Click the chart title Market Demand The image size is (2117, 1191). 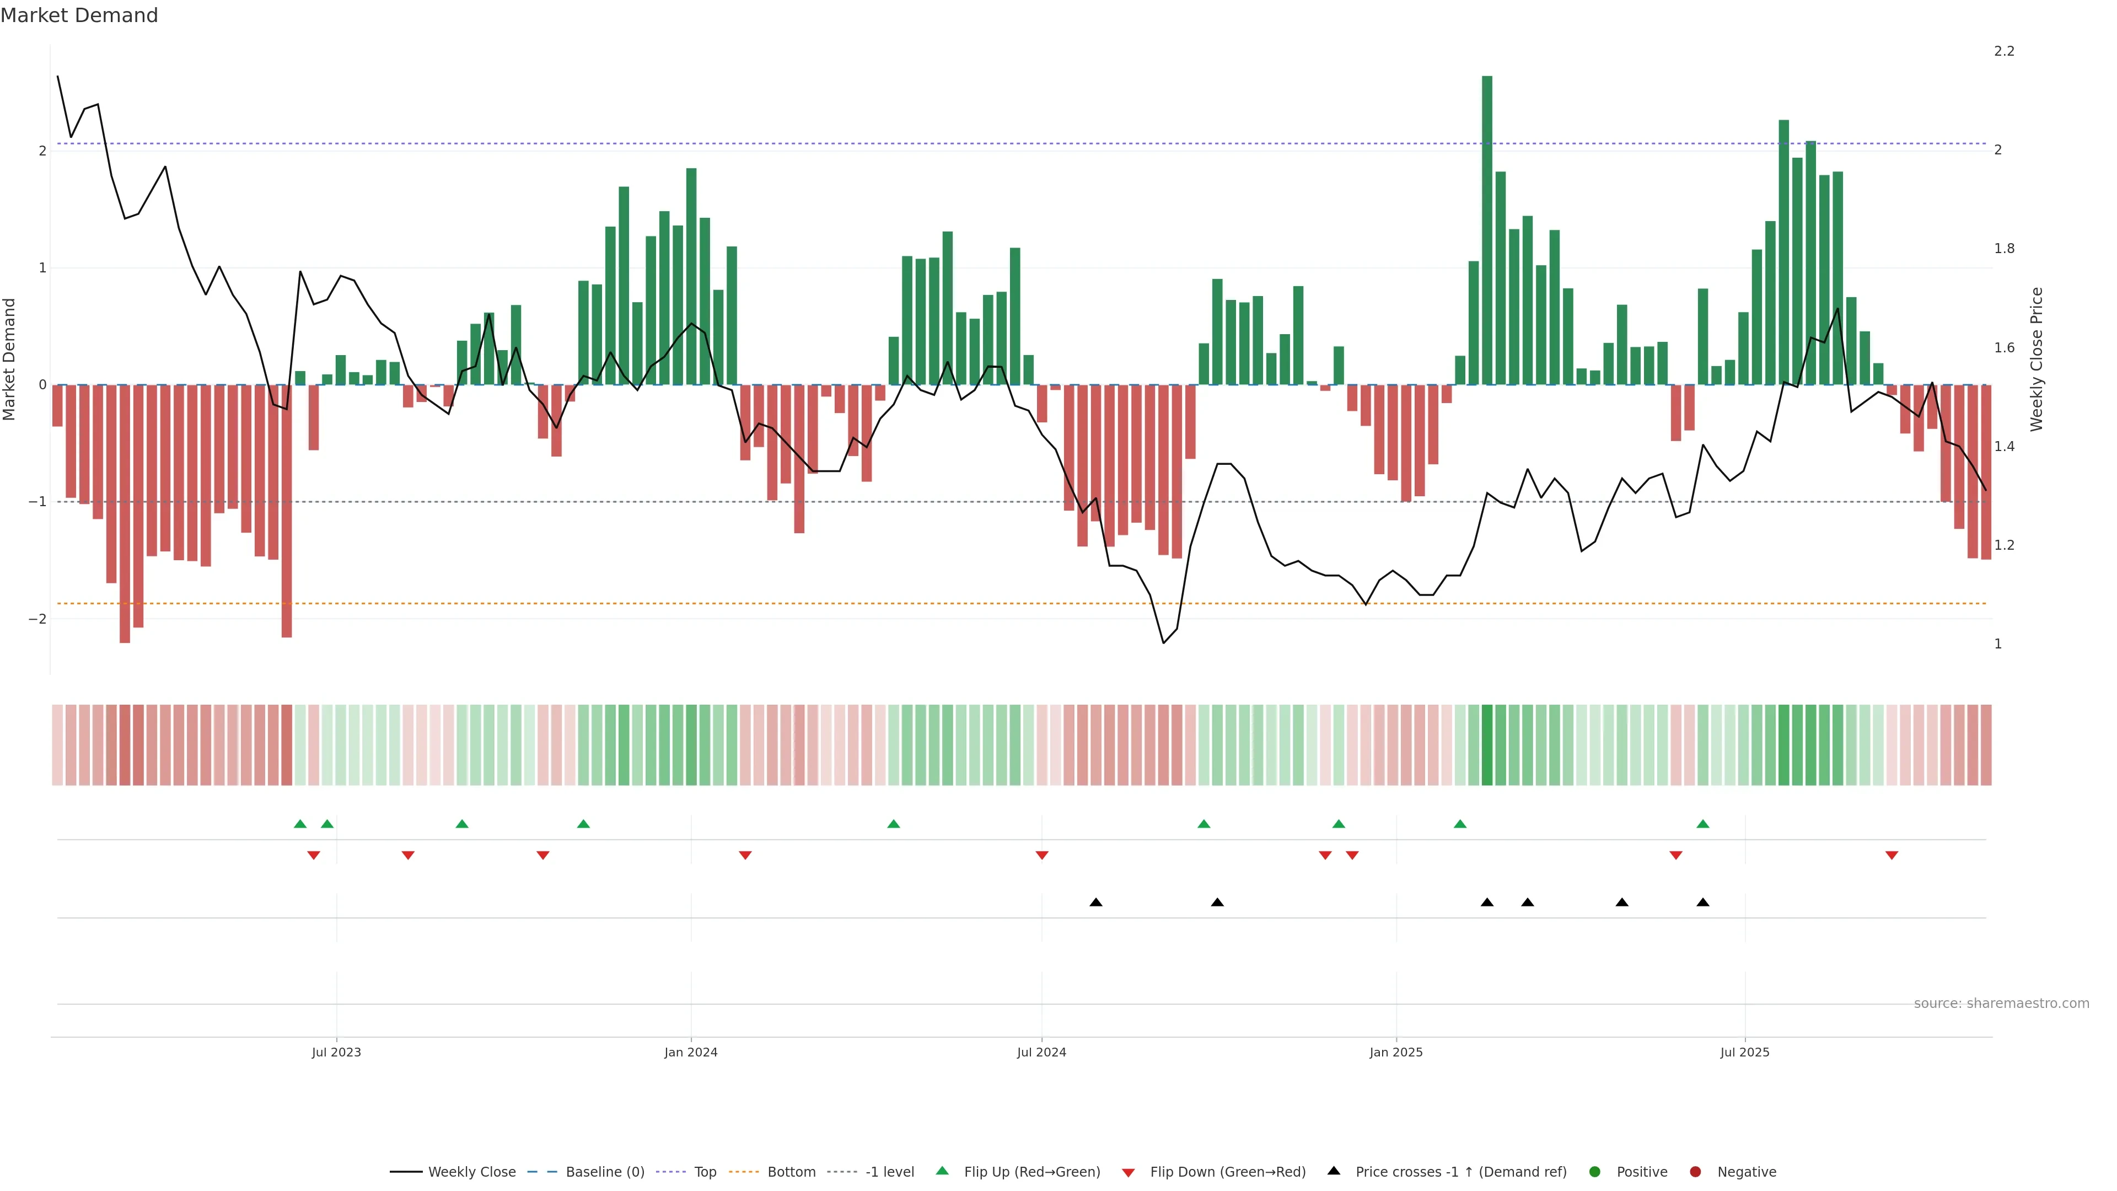[79, 15]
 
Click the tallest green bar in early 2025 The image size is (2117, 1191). [1487, 230]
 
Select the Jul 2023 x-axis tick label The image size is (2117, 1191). [336, 1052]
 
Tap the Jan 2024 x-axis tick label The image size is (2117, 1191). [690, 1052]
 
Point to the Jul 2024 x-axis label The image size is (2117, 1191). [1041, 1052]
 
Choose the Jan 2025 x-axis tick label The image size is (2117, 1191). [1395, 1052]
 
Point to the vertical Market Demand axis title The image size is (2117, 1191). [10, 359]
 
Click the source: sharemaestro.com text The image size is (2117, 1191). [2001, 1004]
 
